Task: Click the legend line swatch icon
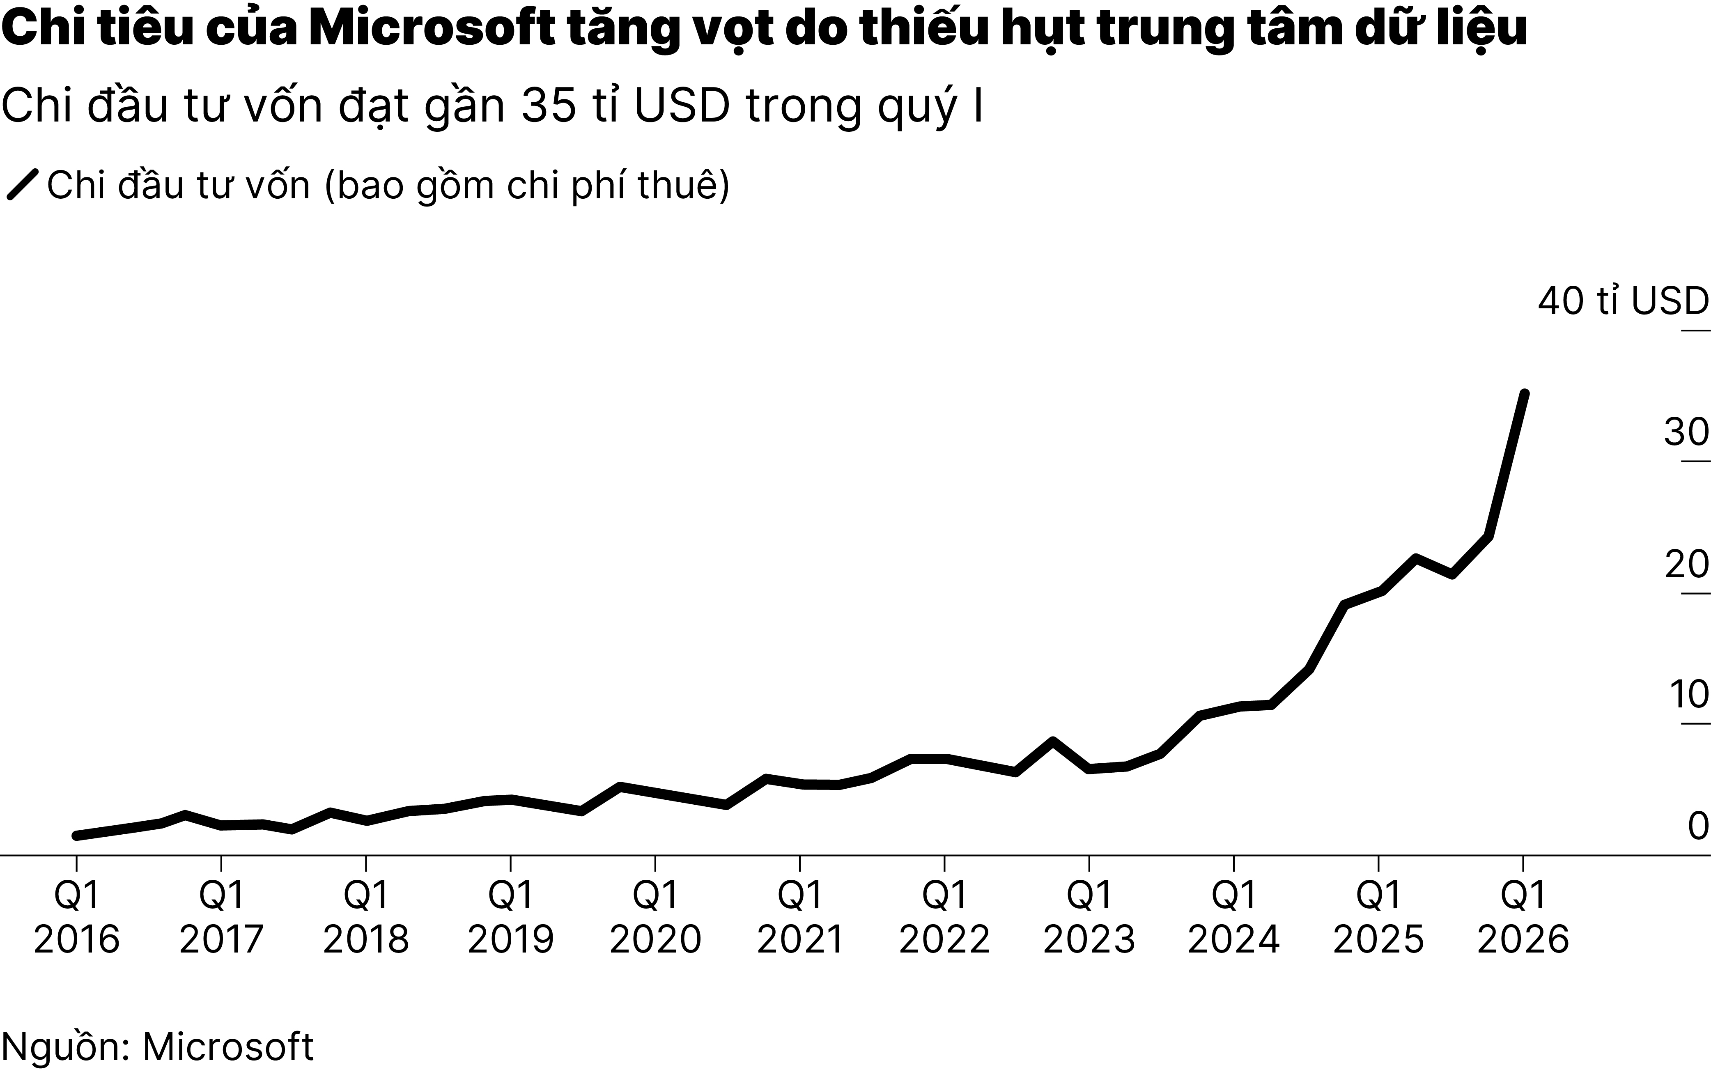tap(22, 185)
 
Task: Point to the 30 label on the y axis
tap(1686, 432)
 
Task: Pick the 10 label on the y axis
tap(1688, 695)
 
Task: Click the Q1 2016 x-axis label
tap(77, 918)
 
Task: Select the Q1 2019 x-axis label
tap(510, 918)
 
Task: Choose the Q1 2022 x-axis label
tap(944, 918)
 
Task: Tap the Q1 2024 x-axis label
tap(1234, 918)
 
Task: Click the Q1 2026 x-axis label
tap(1523, 918)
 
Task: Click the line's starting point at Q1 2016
tap(77, 835)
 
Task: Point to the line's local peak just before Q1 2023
tap(1053, 741)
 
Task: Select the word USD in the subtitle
tap(682, 106)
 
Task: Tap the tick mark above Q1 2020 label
tap(655, 865)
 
